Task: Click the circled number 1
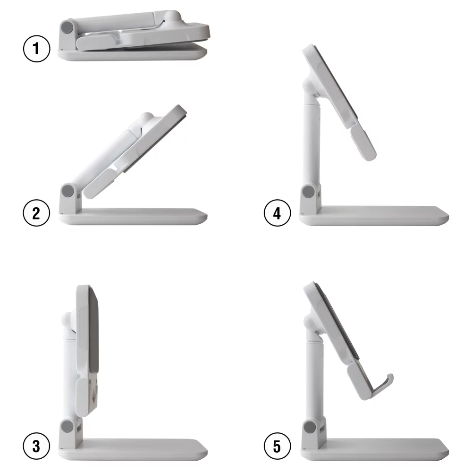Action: click(37, 50)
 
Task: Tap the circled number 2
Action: click(37, 213)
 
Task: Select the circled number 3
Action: click(37, 446)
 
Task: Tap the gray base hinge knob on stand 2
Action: click(67, 191)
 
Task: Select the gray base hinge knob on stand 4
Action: click(309, 192)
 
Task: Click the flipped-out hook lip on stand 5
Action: click(388, 379)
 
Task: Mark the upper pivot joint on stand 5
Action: click(310, 323)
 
